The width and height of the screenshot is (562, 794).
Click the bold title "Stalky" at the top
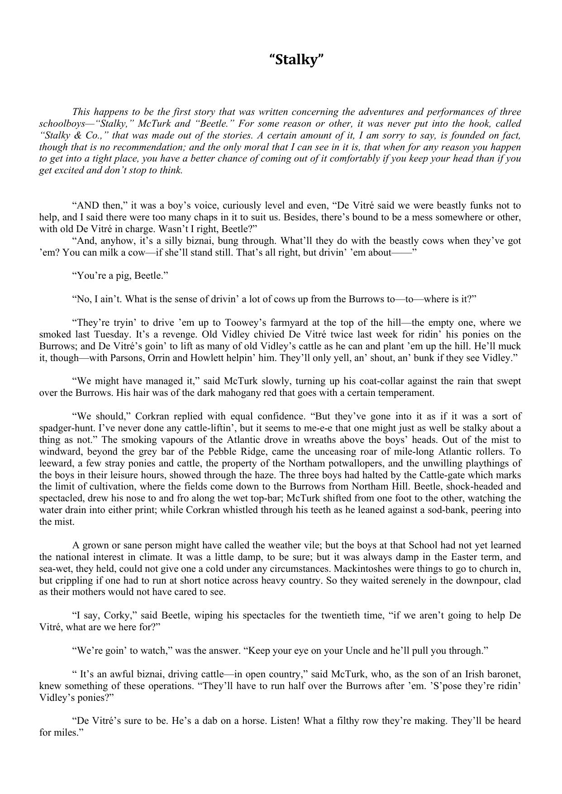point(297,59)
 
